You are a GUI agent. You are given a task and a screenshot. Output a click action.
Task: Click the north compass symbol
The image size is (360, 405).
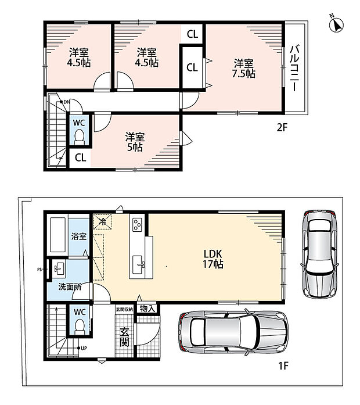[x=337, y=25]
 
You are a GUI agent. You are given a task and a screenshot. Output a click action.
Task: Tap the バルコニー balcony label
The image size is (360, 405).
[x=295, y=68]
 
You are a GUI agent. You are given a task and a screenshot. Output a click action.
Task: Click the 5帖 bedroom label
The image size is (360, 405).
[x=135, y=142]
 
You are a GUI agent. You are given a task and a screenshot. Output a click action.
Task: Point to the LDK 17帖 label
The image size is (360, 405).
[x=213, y=259]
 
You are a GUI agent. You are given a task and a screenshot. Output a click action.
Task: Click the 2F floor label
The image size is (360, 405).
[x=282, y=127]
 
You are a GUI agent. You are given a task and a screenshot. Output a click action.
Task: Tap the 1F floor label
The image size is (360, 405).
[x=283, y=365]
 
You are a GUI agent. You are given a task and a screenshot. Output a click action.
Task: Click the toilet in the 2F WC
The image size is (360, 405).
[x=79, y=137]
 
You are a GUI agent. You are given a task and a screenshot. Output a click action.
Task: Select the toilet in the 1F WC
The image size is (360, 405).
[x=80, y=327]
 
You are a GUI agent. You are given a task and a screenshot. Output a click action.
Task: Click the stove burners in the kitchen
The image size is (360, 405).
[x=137, y=225]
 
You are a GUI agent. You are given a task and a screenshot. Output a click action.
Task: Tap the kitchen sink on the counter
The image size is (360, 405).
[x=139, y=264]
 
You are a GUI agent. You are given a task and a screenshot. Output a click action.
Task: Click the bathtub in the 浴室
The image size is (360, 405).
[x=57, y=235]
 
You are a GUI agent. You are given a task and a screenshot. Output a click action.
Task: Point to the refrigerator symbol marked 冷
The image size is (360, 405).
[x=102, y=221]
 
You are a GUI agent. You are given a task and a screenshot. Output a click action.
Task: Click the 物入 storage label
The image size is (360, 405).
[x=147, y=308]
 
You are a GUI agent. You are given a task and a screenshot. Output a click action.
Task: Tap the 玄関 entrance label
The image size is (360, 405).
[x=124, y=337]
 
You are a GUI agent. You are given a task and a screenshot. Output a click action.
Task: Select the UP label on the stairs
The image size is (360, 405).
[x=84, y=348]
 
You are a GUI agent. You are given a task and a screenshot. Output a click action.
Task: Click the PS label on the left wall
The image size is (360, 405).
[x=39, y=270]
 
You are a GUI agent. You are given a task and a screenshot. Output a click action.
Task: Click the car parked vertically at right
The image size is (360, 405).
[x=319, y=254]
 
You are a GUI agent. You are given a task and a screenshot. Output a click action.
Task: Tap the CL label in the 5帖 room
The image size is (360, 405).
[x=80, y=157]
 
